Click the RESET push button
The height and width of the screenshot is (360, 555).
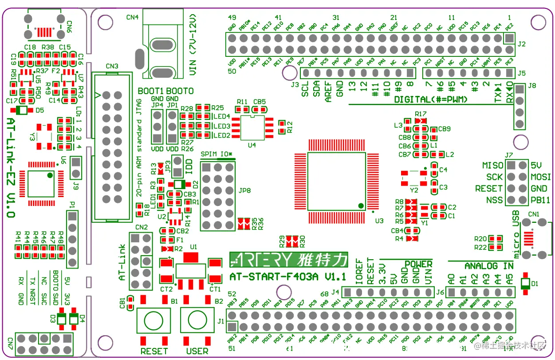tap(154, 320)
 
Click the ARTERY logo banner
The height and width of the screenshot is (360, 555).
tap(288, 260)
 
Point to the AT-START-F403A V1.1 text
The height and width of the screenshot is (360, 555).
tap(287, 277)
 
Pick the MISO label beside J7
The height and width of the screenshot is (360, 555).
tap(492, 166)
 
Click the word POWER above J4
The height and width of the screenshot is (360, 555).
tap(418, 264)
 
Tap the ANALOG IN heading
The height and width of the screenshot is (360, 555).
tap(488, 266)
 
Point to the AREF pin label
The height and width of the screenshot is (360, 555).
tap(328, 91)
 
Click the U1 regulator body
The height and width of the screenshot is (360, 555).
tap(191, 270)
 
